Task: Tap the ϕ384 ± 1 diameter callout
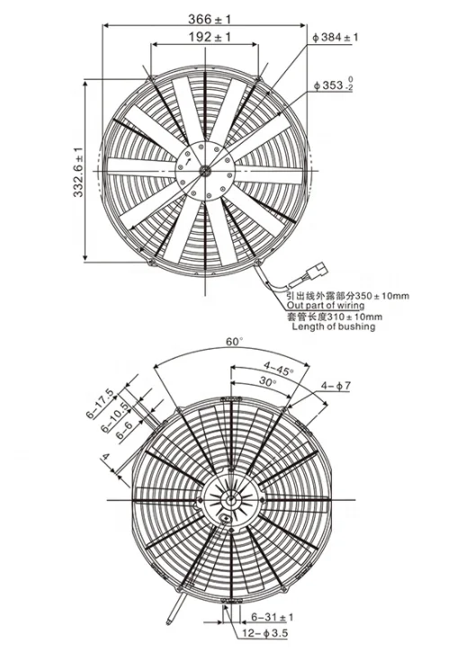[336, 37]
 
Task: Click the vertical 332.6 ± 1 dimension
[78, 171]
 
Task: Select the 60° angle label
[235, 342]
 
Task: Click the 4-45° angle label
[279, 366]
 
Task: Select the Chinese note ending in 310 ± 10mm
[334, 316]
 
